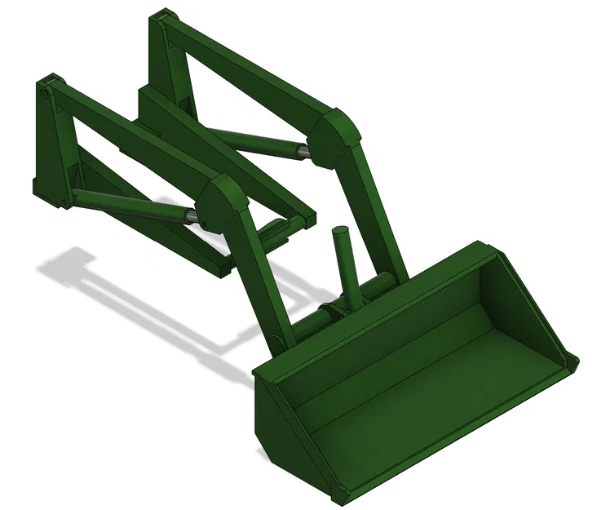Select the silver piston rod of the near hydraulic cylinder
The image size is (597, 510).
coord(190,215)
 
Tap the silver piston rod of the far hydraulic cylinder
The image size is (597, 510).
coord(303,150)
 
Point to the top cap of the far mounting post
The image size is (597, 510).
coord(164,16)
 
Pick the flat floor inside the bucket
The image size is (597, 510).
coord(424,392)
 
